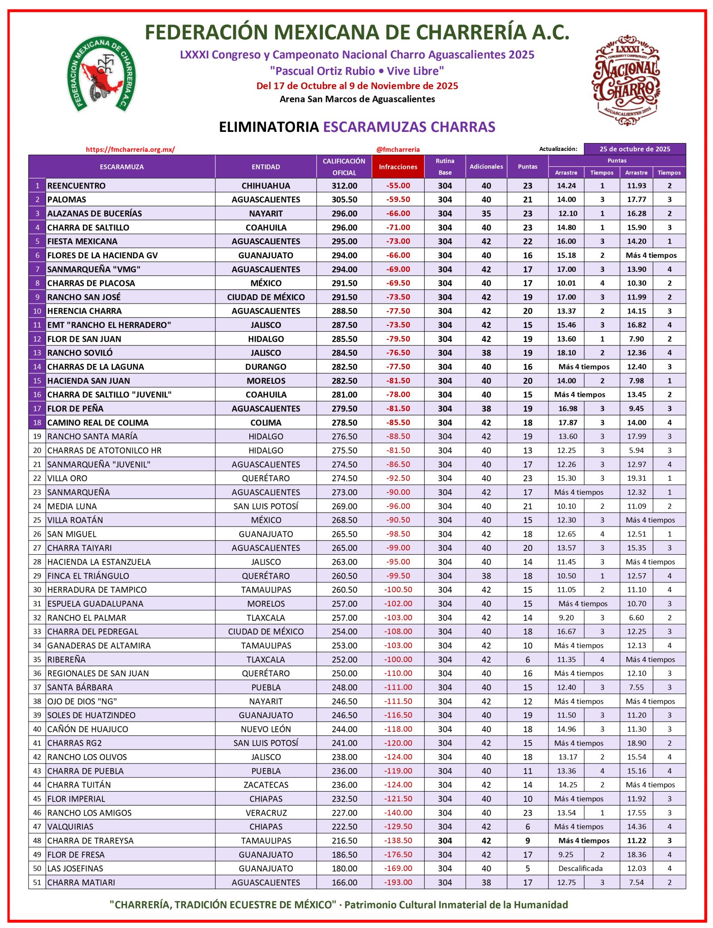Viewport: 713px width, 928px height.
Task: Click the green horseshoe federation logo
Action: [x=101, y=74]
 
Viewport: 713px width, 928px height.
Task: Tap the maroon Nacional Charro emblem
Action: [x=626, y=80]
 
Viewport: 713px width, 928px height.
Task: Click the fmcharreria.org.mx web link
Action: [x=130, y=149]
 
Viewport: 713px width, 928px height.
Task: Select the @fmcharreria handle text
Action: [x=398, y=149]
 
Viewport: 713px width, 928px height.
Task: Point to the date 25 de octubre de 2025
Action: [x=634, y=149]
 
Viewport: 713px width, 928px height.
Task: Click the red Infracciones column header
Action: [x=398, y=167]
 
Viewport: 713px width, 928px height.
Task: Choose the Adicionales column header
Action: [x=486, y=167]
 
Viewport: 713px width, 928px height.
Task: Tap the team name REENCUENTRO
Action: [x=76, y=186]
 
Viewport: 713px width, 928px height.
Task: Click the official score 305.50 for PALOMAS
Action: [x=344, y=199]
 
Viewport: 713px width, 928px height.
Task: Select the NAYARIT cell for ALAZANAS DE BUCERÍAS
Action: [x=266, y=213]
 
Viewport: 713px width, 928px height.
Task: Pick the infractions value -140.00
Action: [x=398, y=812]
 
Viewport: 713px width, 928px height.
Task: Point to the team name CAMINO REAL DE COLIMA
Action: [x=98, y=422]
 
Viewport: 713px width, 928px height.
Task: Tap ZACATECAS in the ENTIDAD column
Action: [x=266, y=785]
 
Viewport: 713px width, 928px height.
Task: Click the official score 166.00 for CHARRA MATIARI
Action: [x=344, y=882]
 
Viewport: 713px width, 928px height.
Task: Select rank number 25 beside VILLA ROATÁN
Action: [x=37, y=520]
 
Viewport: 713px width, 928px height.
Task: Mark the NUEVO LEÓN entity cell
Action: [x=266, y=729]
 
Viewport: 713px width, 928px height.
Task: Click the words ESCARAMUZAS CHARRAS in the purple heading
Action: [x=409, y=127]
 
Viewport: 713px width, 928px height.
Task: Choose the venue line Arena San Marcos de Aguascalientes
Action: [x=357, y=99]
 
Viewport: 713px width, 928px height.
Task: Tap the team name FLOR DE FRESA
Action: [x=76, y=855]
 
